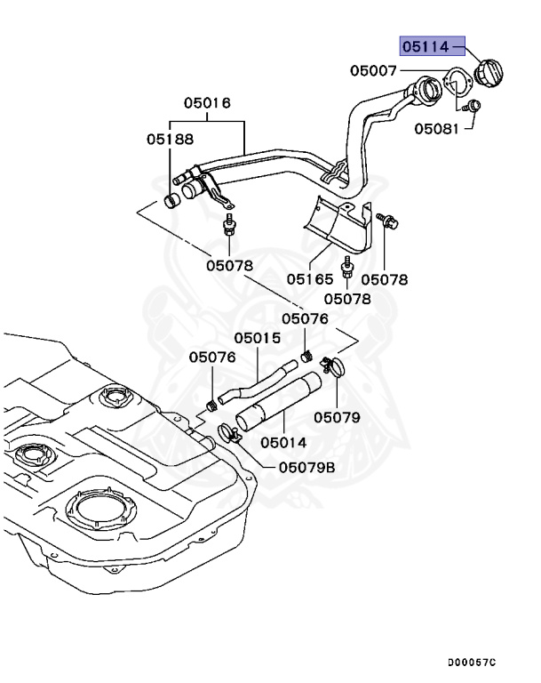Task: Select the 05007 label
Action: (x=372, y=68)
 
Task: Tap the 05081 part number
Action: (x=435, y=128)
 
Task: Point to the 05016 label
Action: (x=207, y=103)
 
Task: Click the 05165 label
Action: (x=309, y=278)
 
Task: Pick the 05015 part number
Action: (x=257, y=338)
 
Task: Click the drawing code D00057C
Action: (x=473, y=663)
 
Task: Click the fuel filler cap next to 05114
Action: (x=489, y=71)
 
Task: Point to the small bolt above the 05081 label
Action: (x=474, y=107)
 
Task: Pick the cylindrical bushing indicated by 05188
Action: (x=172, y=199)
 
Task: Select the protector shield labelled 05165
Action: (x=343, y=223)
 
